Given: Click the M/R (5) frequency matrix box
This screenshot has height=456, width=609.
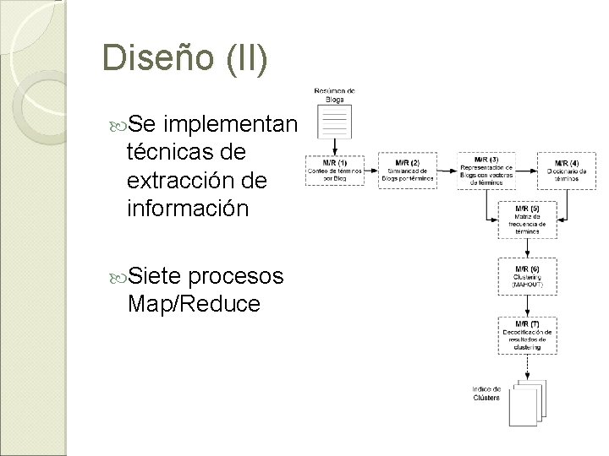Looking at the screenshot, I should click(x=529, y=219).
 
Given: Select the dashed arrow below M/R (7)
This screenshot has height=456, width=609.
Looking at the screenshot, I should click(x=529, y=365).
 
